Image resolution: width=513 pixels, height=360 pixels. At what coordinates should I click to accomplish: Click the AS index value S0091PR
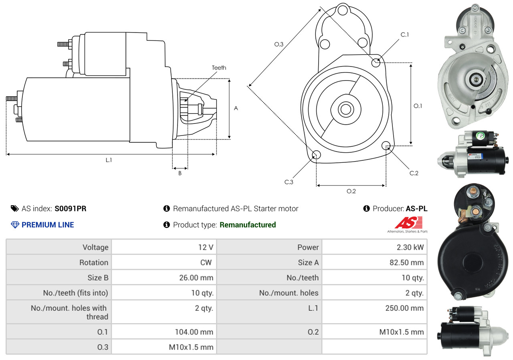click(71, 208)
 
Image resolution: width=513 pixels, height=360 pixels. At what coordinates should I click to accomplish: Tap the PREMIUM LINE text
click(48, 225)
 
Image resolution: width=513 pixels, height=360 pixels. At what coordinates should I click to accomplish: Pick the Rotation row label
click(93, 263)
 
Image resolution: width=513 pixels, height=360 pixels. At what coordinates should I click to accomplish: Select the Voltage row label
click(95, 247)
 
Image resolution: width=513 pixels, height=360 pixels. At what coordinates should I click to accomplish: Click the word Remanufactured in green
click(248, 225)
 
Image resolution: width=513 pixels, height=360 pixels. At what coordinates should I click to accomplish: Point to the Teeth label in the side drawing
click(219, 68)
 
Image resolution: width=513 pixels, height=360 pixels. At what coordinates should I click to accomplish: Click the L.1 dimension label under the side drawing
click(109, 160)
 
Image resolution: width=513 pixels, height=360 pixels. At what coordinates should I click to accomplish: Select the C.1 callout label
click(405, 35)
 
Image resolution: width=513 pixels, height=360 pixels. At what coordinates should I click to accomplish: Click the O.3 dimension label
click(279, 44)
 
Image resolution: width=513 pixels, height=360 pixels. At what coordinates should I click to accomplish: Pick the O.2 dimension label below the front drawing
click(351, 191)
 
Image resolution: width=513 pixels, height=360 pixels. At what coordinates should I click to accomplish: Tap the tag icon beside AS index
click(14, 208)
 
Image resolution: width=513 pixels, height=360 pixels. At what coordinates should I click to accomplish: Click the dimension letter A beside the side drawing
click(236, 108)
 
